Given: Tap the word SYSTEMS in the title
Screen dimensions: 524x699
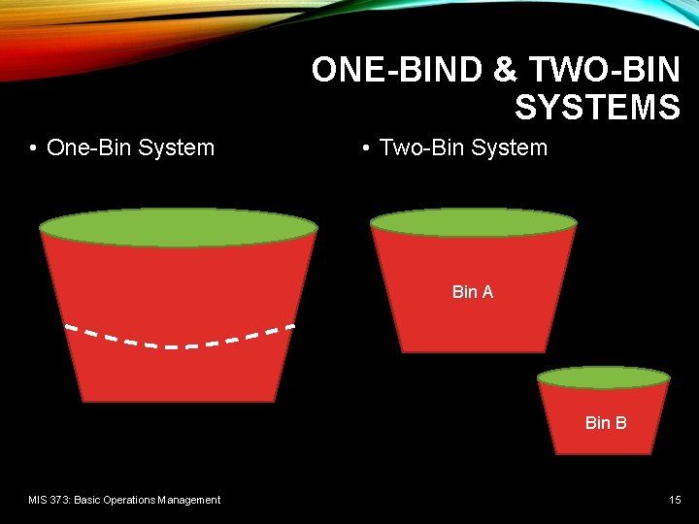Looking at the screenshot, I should tap(597, 107).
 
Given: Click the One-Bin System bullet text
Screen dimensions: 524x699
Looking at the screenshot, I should tap(130, 147).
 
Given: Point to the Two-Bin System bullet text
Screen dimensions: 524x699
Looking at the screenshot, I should tap(463, 147).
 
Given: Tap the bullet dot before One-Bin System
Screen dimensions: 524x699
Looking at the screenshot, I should tap(33, 148).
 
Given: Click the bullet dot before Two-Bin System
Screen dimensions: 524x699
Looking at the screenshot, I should tap(365, 148).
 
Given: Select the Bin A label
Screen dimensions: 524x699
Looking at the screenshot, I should tap(473, 292).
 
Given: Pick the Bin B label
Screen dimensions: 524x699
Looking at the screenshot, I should tap(606, 423).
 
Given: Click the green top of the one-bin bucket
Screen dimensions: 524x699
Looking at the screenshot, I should tap(178, 227).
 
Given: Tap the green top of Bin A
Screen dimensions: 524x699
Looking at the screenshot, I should tap(474, 222).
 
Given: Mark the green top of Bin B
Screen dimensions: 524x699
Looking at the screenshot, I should tap(604, 377).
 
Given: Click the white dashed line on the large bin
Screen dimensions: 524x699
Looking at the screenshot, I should tap(180, 343).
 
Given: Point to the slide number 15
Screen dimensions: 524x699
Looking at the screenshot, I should tap(675, 500).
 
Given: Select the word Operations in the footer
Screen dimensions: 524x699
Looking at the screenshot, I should tap(132, 500).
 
